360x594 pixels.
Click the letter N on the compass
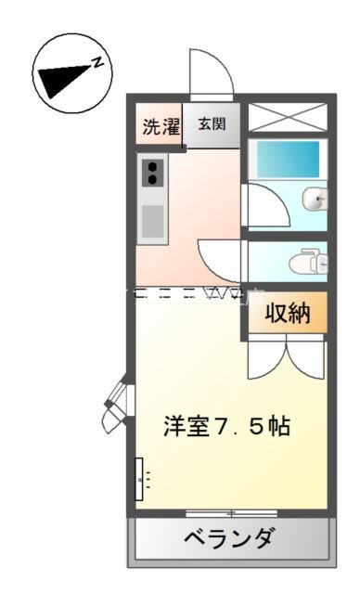pyautogui.click(x=96, y=62)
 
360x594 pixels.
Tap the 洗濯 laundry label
pyautogui.click(x=161, y=126)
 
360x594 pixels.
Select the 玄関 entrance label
pyautogui.click(x=210, y=124)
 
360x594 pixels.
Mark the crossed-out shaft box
pyautogui.click(x=287, y=118)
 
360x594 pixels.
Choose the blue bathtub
pyautogui.click(x=287, y=159)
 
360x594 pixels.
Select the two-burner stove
pyautogui.click(x=152, y=173)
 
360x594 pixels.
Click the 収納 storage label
pyautogui.click(x=287, y=314)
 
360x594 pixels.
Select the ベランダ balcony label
pyautogui.click(x=228, y=538)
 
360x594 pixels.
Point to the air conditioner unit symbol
pyautogui.click(x=141, y=479)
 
